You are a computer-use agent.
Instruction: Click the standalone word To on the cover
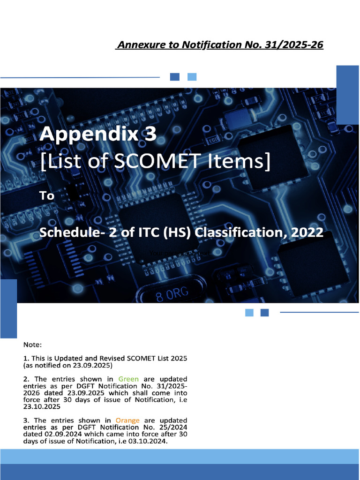(x=47, y=195)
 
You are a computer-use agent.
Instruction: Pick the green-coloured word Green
(x=128, y=379)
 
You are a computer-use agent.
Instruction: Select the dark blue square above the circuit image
(x=174, y=77)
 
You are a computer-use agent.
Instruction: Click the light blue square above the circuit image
(x=192, y=77)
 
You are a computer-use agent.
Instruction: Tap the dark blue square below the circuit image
(x=264, y=313)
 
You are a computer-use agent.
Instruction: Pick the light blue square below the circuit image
(x=249, y=313)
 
